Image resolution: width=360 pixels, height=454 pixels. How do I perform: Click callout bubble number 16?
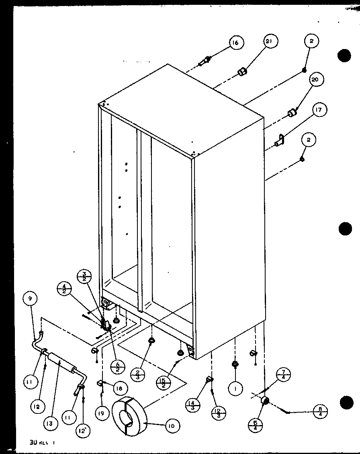[236, 43]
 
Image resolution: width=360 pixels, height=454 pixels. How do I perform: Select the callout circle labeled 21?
[271, 41]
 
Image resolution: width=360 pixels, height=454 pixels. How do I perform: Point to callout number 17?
[320, 110]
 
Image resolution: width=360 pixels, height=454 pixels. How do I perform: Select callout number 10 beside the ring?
[172, 425]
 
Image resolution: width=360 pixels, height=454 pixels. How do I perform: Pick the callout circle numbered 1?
[235, 389]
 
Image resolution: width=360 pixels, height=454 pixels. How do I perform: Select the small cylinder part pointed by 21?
[242, 72]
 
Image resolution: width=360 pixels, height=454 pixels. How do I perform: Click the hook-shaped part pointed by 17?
[280, 140]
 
